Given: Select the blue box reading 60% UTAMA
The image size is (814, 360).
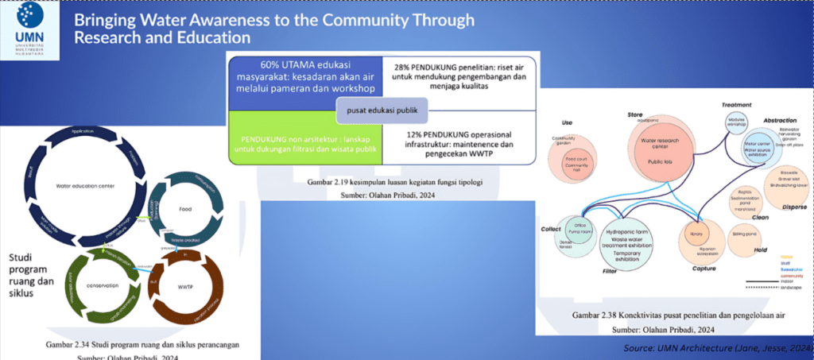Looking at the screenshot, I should click(x=305, y=77).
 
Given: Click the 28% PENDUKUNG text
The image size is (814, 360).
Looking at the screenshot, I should click(x=460, y=76).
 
